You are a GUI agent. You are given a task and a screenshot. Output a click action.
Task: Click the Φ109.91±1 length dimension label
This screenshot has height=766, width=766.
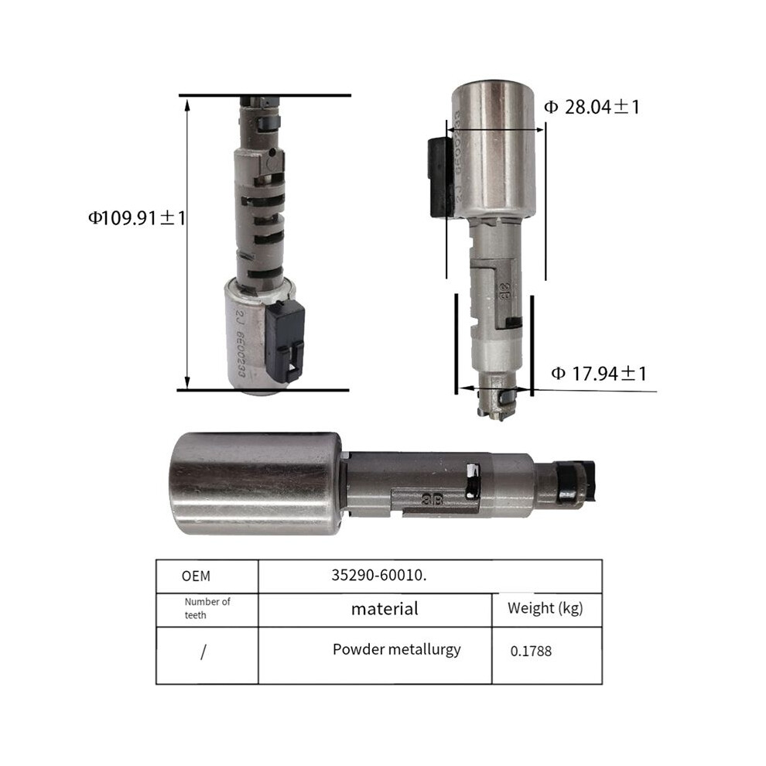[137, 217]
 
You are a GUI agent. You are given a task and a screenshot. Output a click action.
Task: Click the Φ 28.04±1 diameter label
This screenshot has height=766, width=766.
[592, 107]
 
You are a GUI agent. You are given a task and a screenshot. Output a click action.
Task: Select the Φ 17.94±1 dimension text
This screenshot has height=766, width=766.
[599, 374]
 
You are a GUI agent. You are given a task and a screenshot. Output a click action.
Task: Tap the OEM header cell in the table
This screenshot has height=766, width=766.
[196, 576]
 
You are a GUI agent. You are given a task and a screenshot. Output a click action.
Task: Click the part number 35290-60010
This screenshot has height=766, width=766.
[378, 575]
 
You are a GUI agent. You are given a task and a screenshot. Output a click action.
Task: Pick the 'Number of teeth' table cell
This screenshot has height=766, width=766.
[207, 608]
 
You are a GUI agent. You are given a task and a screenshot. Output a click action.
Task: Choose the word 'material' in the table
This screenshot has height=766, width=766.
[385, 609]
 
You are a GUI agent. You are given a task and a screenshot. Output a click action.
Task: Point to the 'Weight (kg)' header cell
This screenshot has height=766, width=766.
[545, 609]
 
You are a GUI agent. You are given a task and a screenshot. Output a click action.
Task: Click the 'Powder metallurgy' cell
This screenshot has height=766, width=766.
[397, 650]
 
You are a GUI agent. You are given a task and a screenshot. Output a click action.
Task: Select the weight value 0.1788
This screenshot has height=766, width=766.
[531, 651]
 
